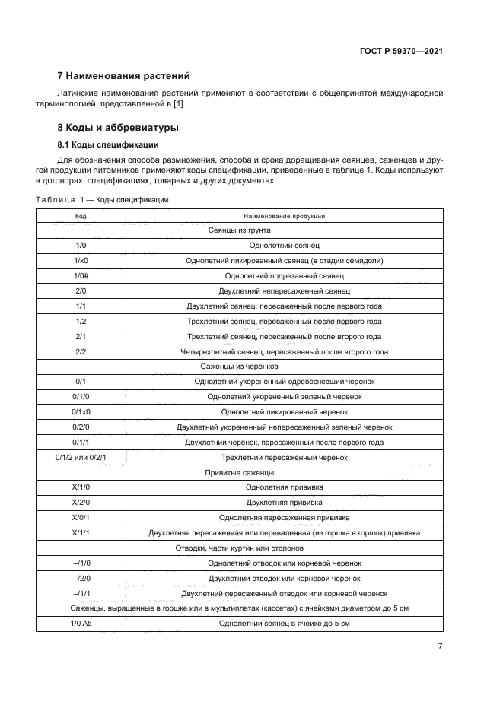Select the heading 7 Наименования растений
tap(123, 76)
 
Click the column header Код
tap(81, 216)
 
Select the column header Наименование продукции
tap(284, 216)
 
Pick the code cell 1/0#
tap(81, 275)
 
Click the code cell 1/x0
tap(81, 260)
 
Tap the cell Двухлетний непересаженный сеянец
tap(284, 290)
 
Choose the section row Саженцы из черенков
tap(239, 366)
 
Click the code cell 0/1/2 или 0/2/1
tap(81, 457)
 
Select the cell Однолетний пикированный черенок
tap(284, 411)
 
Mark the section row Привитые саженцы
tap(239, 472)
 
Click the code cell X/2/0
tap(81, 503)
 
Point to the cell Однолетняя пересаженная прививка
tap(284, 518)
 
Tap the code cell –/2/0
tap(81, 578)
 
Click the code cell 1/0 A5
tap(81, 624)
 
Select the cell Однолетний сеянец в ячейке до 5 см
tap(284, 624)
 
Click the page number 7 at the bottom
tap(440, 646)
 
